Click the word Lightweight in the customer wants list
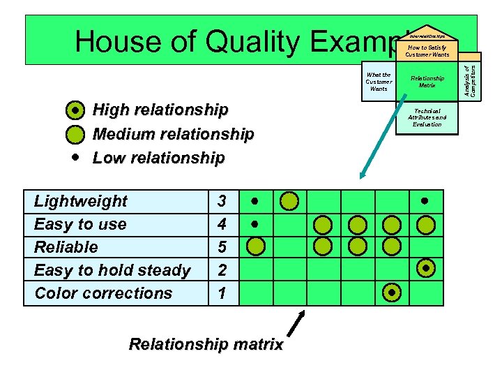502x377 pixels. [x=80, y=202]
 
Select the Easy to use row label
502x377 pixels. [x=80, y=225]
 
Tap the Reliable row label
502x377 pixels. [x=66, y=247]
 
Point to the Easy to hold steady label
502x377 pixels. [x=112, y=270]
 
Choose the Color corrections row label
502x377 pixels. [x=103, y=293]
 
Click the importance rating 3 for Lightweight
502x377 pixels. [x=222, y=202]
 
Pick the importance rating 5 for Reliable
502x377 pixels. [x=222, y=247]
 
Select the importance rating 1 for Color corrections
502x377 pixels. [x=222, y=293]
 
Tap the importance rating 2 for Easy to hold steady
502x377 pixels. [x=222, y=270]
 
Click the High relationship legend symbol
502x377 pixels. [x=75, y=110]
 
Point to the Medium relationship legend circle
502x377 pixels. [x=75, y=133]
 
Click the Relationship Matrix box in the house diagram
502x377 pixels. [x=427, y=82]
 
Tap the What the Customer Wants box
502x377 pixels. [x=379, y=82]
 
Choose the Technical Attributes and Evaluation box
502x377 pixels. [x=427, y=117]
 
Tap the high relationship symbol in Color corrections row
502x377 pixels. [x=393, y=293]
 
